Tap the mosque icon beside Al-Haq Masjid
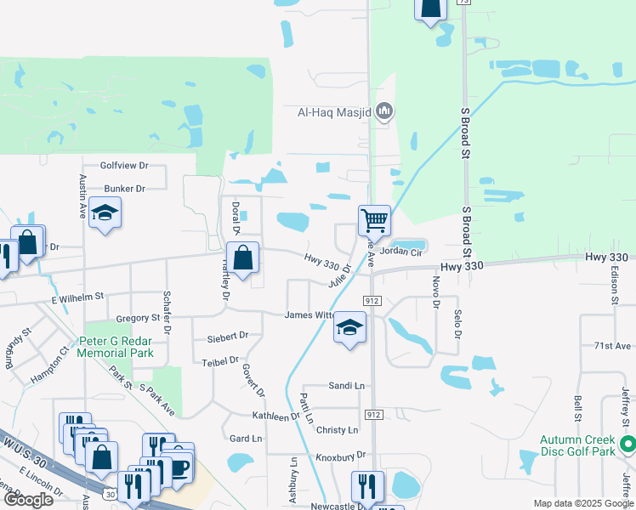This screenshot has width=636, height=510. click(384, 110)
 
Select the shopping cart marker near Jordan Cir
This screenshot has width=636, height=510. click(374, 221)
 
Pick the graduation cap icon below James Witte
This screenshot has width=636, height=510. click(349, 327)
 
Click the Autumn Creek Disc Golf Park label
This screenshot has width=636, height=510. click(577, 445)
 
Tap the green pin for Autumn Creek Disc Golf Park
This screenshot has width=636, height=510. click(627, 444)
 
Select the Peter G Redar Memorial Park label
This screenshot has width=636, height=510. click(116, 347)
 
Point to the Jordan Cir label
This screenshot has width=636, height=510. click(401, 252)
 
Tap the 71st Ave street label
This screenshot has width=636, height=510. click(612, 346)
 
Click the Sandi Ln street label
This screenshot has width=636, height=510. click(346, 386)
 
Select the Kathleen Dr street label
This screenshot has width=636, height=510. click(276, 416)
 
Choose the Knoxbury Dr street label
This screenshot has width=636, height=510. click(340, 456)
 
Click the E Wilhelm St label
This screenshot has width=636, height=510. click(77, 297)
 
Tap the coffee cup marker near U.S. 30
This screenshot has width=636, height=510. click(179, 467)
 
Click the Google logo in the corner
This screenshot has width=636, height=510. click(29, 500)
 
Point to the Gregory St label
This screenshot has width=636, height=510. click(138, 318)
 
